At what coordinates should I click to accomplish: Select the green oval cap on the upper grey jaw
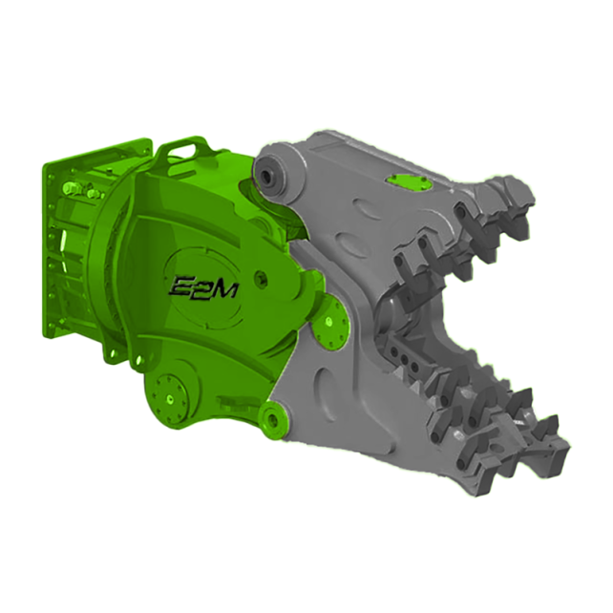tap(409, 182)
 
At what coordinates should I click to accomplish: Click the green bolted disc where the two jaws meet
tap(331, 323)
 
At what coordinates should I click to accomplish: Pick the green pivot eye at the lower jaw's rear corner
tap(275, 419)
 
